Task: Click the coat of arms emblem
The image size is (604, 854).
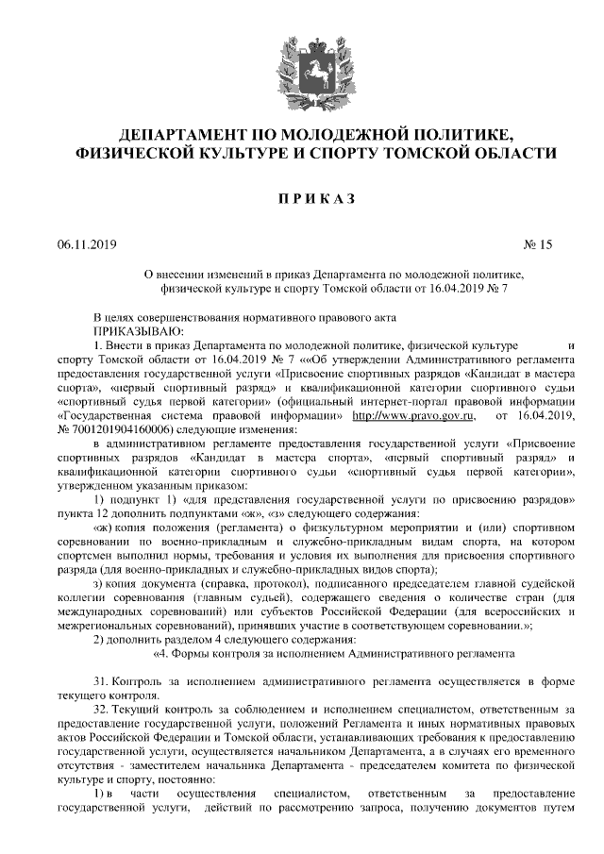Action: pos(302,63)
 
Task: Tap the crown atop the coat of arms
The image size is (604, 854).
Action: pos(302,36)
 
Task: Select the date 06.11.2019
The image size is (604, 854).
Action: pos(85,245)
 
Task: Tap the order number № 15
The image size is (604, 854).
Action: pos(534,245)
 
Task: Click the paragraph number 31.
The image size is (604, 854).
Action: pos(101,681)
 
